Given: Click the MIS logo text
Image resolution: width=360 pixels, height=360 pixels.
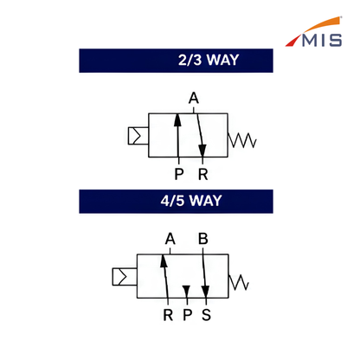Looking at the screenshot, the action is click(322, 41).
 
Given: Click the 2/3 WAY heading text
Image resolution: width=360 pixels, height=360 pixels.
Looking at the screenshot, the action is click(209, 60).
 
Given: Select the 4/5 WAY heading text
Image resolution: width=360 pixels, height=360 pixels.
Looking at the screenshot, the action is click(191, 201).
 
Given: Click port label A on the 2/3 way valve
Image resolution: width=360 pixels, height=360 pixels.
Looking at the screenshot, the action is click(194, 98).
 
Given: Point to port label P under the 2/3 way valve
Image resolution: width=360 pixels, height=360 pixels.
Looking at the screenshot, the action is click(179, 174).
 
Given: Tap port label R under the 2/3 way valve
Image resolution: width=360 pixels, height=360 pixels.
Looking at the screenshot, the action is click(203, 174).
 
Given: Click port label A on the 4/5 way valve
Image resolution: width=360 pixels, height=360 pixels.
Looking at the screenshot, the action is click(170, 239).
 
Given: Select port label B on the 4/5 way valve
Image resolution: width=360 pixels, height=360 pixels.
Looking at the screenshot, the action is click(203, 239).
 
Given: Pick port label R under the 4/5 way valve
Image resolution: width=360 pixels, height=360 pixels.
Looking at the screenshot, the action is click(168, 315).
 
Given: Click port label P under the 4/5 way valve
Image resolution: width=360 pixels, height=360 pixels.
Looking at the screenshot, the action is click(188, 315).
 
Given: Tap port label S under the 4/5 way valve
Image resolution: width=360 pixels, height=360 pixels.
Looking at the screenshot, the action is click(206, 315).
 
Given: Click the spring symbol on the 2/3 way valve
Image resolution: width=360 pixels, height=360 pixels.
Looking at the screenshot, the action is click(241, 140).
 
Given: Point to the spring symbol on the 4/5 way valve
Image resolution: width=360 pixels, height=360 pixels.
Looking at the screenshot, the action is click(239, 282).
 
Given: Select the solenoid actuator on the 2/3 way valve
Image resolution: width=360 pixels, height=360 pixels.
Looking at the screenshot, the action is click(138, 136).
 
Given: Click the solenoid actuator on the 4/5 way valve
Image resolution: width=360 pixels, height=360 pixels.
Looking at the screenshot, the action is click(125, 277).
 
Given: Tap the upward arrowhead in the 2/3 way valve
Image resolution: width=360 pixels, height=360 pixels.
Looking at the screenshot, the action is click(177, 120).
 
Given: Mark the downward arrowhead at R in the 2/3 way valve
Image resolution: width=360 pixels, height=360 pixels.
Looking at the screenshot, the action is click(202, 151).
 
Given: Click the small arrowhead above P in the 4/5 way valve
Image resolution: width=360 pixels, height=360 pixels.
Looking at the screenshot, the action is click(186, 291).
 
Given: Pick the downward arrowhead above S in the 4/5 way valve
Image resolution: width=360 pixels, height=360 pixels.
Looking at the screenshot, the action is click(205, 292).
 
